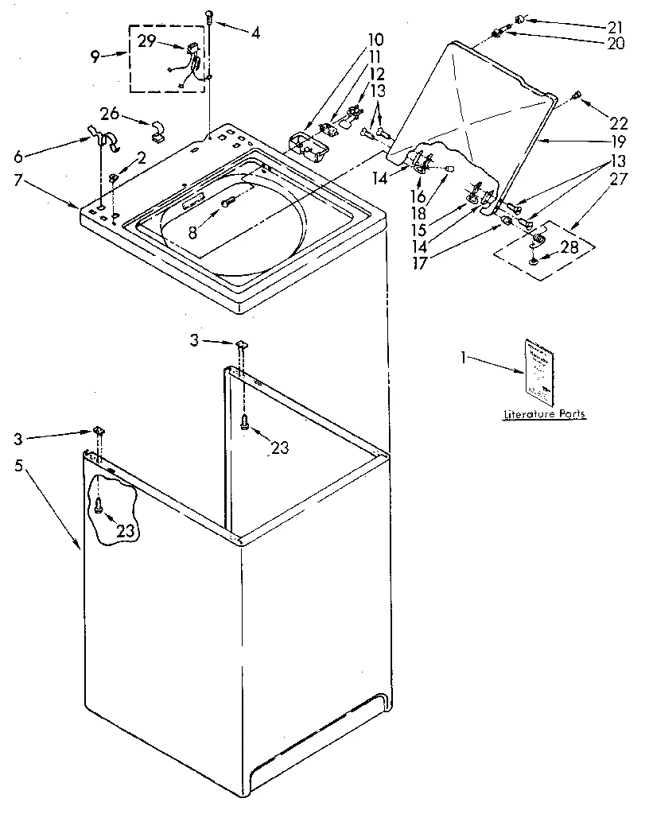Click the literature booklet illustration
click(538, 367)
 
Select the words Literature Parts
click(545, 414)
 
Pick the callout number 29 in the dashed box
click(146, 41)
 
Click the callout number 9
click(95, 56)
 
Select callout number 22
click(618, 123)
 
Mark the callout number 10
click(353, 39)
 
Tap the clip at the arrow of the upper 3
click(239, 343)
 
